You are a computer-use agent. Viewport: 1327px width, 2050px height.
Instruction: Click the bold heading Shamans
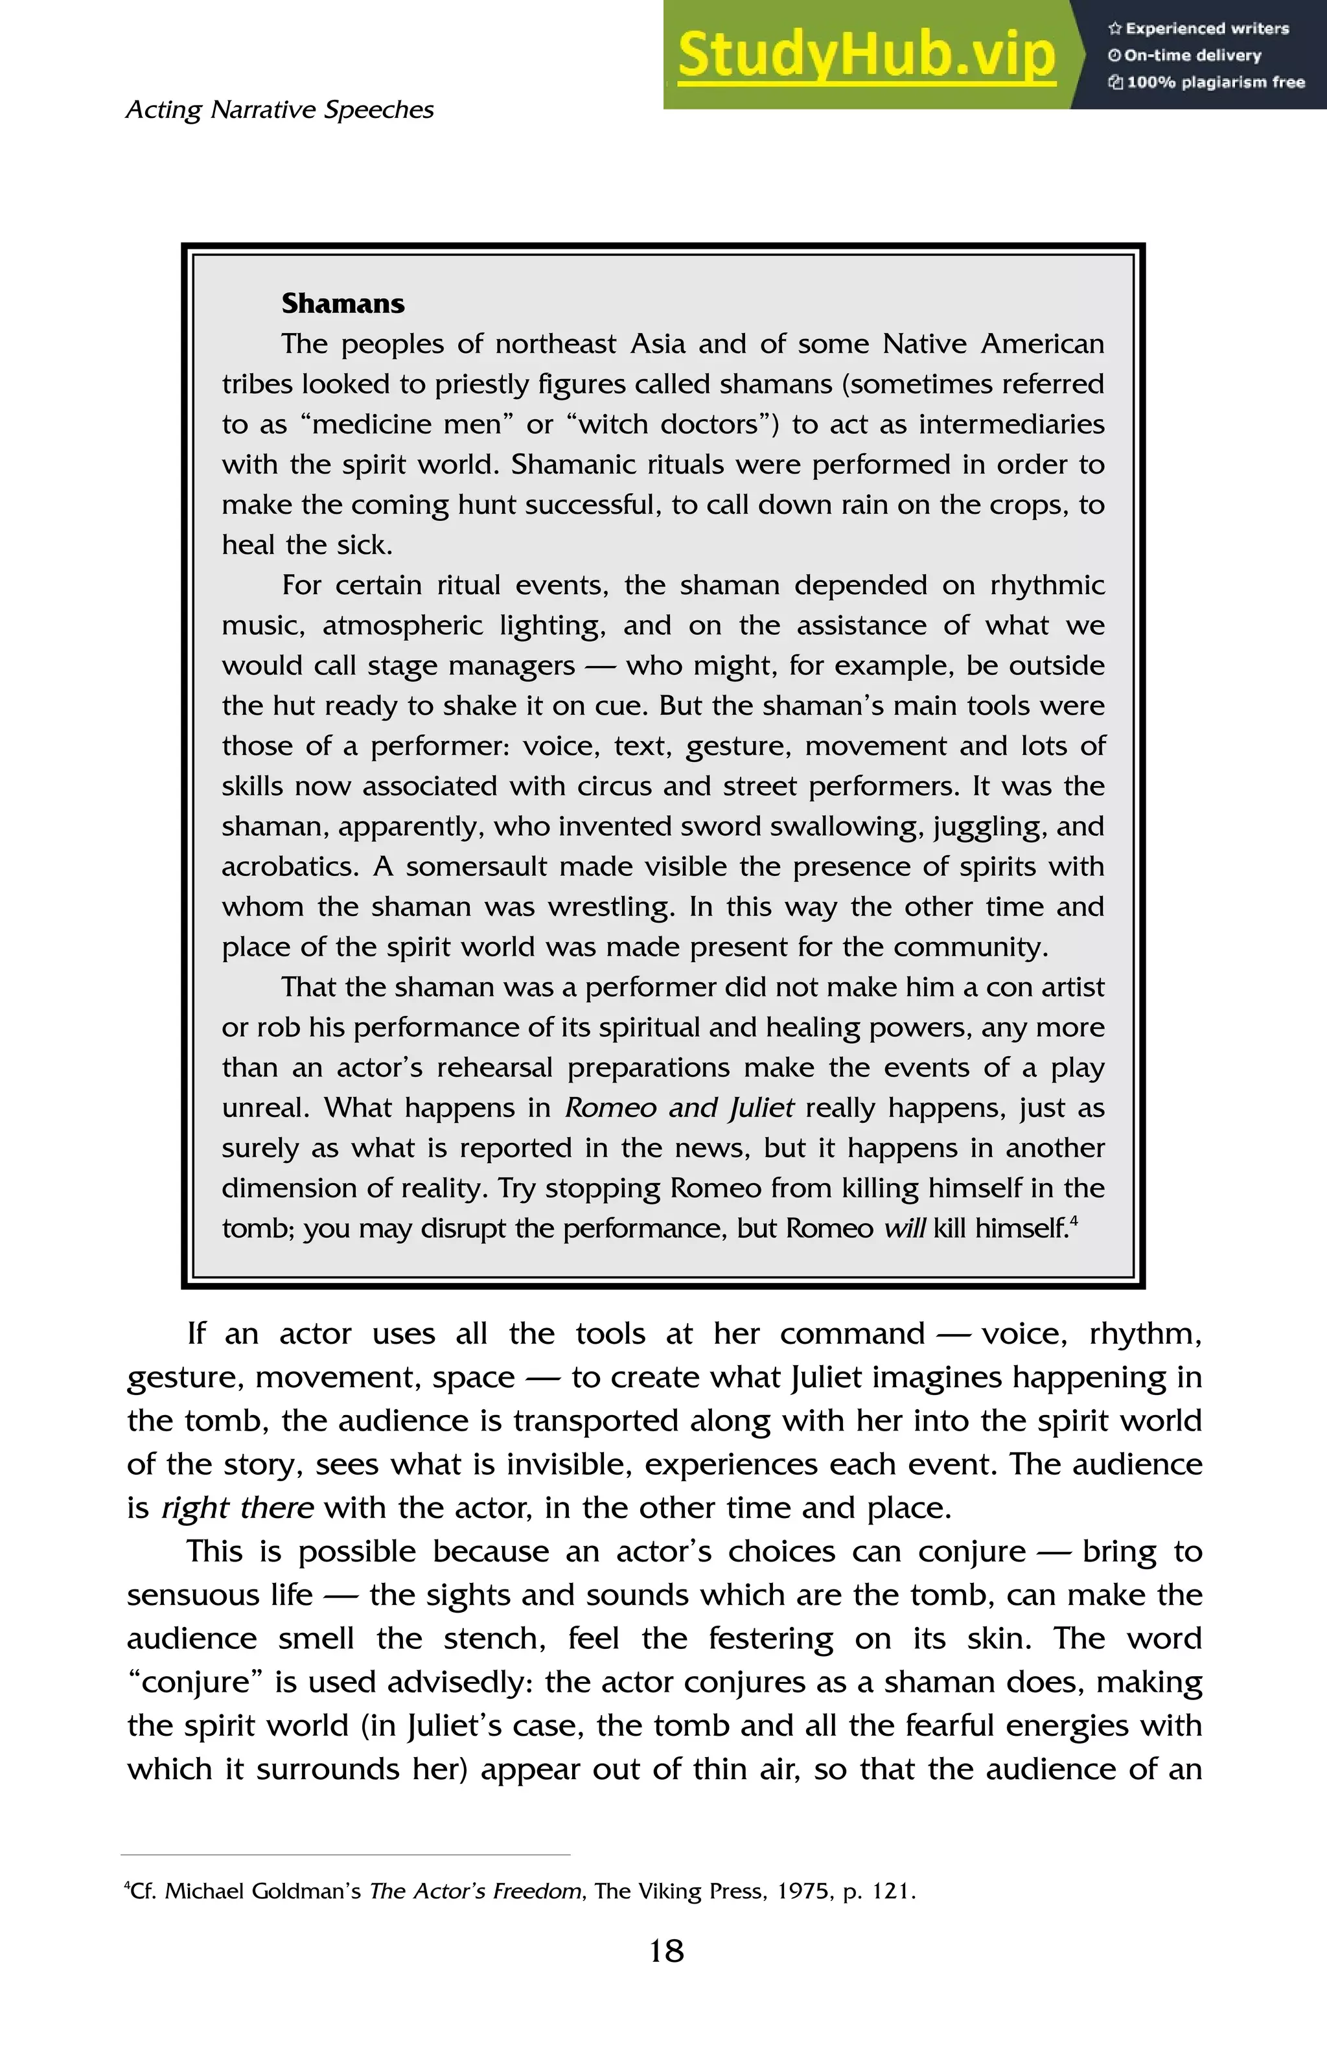click(343, 304)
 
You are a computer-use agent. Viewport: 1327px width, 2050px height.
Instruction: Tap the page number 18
click(665, 1951)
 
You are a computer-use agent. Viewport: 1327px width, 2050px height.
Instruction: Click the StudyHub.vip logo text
click(866, 55)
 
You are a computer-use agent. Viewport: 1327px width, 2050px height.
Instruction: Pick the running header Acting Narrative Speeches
click(280, 110)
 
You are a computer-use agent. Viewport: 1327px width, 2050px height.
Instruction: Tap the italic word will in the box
click(904, 1228)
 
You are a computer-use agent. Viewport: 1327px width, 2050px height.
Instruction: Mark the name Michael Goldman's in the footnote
click(262, 1891)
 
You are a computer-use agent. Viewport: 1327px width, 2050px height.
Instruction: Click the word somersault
click(476, 866)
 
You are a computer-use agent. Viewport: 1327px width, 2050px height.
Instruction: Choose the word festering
click(770, 1639)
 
